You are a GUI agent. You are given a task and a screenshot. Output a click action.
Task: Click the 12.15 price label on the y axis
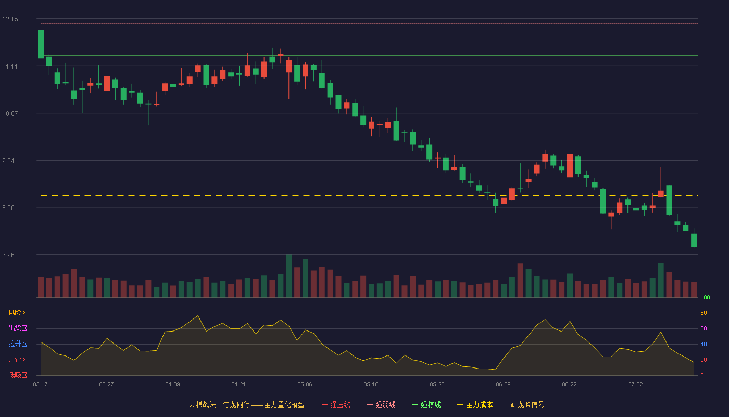pyautogui.click(x=10, y=19)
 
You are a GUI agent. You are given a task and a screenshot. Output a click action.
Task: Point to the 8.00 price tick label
pyautogui.click(x=8, y=208)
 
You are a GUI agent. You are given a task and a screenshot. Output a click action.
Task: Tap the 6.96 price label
pyautogui.click(x=8, y=255)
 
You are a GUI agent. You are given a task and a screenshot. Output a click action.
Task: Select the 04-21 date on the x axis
pyautogui.click(x=238, y=385)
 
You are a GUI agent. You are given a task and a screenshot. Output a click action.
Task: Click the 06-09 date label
pyautogui.click(x=503, y=385)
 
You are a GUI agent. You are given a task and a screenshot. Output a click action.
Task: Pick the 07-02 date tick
pyautogui.click(x=635, y=385)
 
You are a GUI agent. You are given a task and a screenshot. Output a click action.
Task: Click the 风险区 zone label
pyautogui.click(x=18, y=313)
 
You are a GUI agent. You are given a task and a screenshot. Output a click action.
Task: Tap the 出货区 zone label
pyautogui.click(x=18, y=328)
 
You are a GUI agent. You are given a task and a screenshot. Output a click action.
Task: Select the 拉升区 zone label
pyautogui.click(x=18, y=344)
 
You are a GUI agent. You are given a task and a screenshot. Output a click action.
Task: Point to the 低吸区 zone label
pyautogui.click(x=18, y=375)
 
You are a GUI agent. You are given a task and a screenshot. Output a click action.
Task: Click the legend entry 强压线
pyautogui.click(x=336, y=404)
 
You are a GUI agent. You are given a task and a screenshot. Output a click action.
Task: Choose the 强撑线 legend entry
pyautogui.click(x=426, y=404)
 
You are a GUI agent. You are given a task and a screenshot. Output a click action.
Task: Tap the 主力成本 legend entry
pyautogui.click(x=475, y=404)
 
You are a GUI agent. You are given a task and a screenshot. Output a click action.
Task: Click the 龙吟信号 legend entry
pyautogui.click(x=527, y=404)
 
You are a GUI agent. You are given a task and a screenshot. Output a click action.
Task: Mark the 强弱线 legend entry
pyautogui.click(x=381, y=404)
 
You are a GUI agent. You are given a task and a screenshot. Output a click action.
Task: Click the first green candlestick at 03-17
pyautogui.click(x=41, y=44)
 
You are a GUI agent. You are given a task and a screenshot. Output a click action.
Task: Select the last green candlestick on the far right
pyautogui.click(x=694, y=240)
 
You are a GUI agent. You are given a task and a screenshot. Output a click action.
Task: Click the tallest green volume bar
pyautogui.click(x=288, y=276)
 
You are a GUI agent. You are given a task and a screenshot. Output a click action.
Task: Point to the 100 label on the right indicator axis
pyautogui.click(x=705, y=297)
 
